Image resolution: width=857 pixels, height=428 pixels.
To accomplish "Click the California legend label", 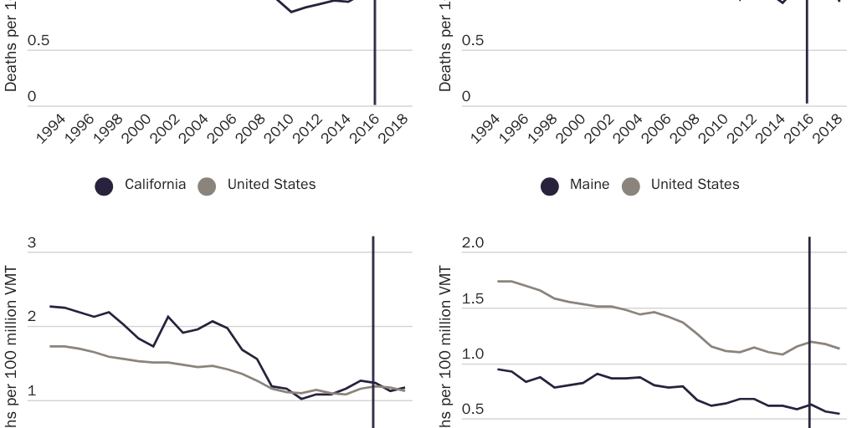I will coord(155,185).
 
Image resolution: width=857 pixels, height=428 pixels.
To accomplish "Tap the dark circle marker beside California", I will coord(104,186).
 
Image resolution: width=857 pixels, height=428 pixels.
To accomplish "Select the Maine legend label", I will coord(589,185).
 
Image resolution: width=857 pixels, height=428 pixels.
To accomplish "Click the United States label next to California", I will coord(271,185).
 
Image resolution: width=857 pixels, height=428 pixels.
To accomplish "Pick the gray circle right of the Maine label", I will coord(631,186).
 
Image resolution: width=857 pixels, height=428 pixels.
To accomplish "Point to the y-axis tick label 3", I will coord(32,243).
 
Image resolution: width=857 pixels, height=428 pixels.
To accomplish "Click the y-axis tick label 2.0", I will coord(473,243).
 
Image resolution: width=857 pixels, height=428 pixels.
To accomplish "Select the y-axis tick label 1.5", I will coord(473,299).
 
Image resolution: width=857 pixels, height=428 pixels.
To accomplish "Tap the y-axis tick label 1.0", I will coord(473,354).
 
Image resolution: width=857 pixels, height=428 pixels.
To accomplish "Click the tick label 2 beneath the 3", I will coord(32,317).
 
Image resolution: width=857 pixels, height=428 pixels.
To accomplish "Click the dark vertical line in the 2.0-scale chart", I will coord(809,334).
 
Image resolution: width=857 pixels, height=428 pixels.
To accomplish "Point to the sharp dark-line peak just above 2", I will coord(169,317).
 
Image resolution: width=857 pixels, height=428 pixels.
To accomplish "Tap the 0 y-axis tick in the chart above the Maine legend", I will coord(466,97).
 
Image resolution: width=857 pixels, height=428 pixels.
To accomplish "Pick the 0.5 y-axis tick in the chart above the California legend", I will coord(38,41).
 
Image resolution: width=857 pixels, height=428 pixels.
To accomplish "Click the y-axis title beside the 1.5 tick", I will coord(445,351).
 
